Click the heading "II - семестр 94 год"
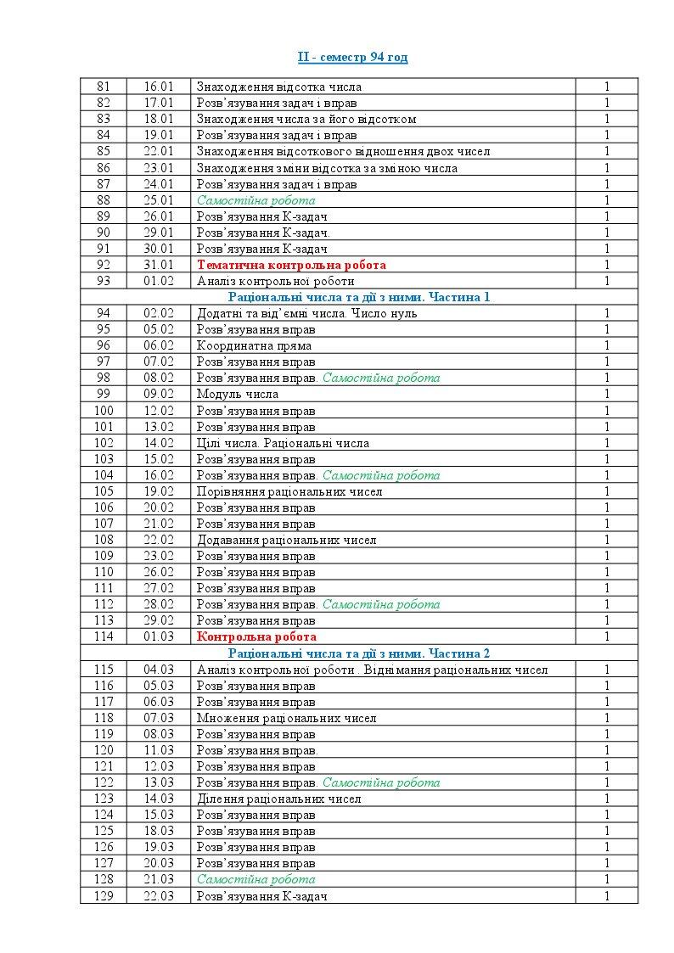pos(352,57)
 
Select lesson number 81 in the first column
pos(104,87)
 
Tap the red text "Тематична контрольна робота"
pos(291,265)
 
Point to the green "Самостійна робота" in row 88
pos(256,200)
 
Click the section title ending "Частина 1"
pos(359,297)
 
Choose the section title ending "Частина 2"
pos(359,653)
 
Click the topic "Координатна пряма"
pos(254,345)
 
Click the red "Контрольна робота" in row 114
pos(256,636)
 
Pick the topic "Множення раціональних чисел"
pos(287,718)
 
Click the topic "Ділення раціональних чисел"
pos(279,799)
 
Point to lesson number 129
pos(104,896)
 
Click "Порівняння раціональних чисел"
pos(289,491)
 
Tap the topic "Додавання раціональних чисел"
pos(287,540)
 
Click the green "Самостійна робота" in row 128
pos(256,880)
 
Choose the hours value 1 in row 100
pos(607,410)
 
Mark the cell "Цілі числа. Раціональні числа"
pos(283,443)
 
